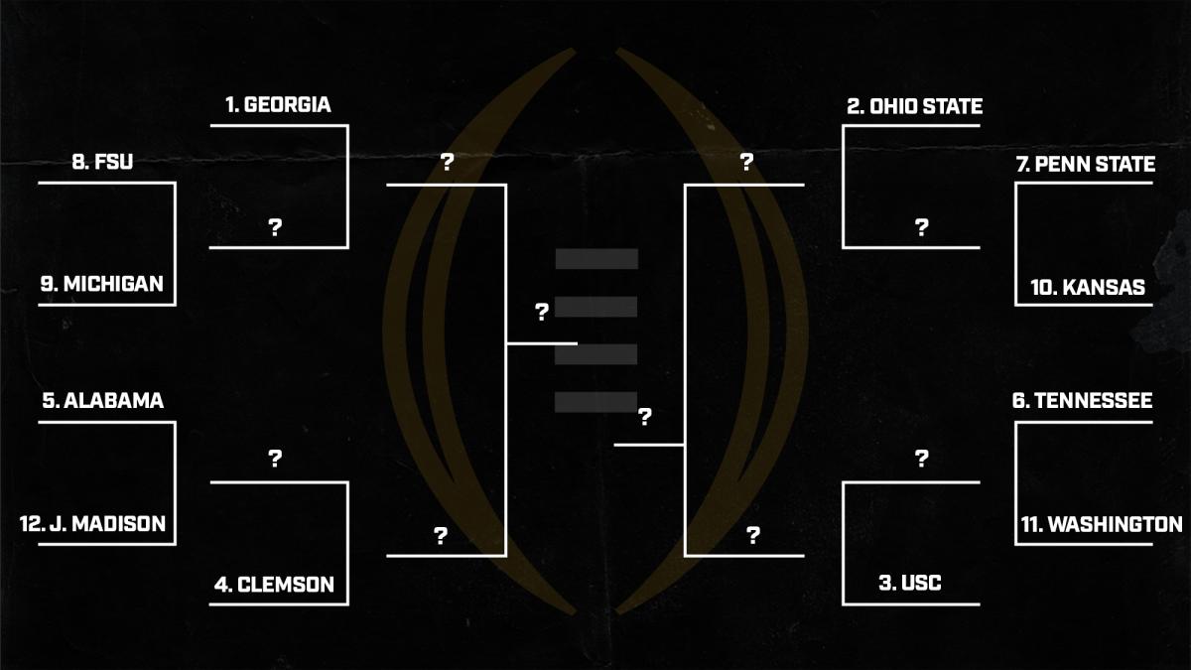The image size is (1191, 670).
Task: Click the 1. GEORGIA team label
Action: pos(278,104)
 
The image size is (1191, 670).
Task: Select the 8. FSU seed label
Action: pos(102,163)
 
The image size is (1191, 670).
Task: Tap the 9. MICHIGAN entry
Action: pos(101,285)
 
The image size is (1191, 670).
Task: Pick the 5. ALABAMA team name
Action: pos(103,401)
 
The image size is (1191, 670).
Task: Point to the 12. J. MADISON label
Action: pos(92,523)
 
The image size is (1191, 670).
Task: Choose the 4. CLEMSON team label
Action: pos(274,585)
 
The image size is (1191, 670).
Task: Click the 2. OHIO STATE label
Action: pos(914,106)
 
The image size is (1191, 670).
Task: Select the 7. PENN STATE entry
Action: pos(1086,164)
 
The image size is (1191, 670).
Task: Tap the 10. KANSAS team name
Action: pos(1088,287)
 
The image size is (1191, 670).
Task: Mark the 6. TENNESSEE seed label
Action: pos(1082,401)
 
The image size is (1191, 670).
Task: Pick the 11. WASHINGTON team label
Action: pos(1102,524)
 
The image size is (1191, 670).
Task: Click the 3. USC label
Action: pos(909,584)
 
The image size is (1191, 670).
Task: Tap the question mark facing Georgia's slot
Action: pos(275,227)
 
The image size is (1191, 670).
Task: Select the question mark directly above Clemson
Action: pos(275,459)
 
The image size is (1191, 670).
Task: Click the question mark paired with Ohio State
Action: pos(921,227)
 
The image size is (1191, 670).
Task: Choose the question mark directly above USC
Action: pos(921,459)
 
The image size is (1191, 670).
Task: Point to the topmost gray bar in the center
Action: pos(595,259)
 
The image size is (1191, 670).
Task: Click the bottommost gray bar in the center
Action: pos(595,402)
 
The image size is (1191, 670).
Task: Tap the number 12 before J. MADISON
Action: pos(30,523)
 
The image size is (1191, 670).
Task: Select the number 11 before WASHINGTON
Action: pos(1029,524)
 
